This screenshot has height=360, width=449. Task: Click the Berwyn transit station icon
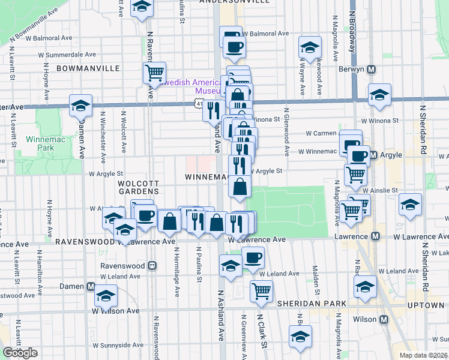pyautogui.click(x=372, y=69)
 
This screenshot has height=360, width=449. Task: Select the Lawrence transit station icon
pyautogui.click(x=376, y=236)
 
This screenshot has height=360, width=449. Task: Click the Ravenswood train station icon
pyautogui.click(x=152, y=264)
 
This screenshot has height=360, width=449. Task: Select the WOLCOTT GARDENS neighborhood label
pyautogui.click(x=138, y=187)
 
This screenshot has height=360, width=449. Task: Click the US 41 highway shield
pyautogui.click(x=199, y=104)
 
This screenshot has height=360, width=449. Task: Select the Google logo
pyautogui.click(x=20, y=352)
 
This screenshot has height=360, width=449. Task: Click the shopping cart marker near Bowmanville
pyautogui.click(x=154, y=73)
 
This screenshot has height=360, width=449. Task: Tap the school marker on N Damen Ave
pyautogui.click(x=80, y=106)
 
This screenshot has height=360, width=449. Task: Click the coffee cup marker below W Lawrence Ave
pyautogui.click(x=252, y=257)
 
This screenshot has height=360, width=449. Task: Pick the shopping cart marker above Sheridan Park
pyautogui.click(x=261, y=292)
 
